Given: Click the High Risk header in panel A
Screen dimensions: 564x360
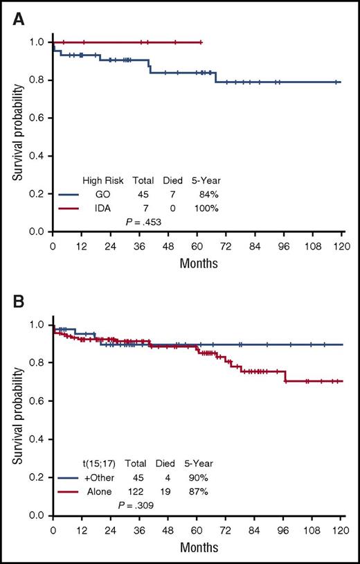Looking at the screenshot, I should (x=101, y=182).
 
